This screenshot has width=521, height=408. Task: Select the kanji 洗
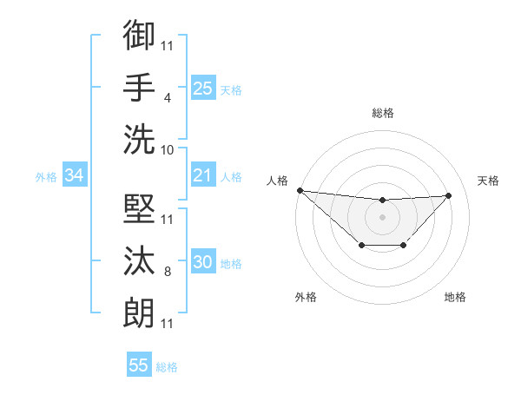139,139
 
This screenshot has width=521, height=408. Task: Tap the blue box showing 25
203,88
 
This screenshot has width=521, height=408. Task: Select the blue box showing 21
203,176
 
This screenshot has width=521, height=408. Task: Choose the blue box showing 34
74,176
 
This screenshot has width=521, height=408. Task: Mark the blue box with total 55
139,365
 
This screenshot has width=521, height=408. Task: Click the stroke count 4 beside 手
167,98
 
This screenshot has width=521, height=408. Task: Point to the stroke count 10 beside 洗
168,150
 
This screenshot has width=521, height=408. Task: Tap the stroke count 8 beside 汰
167,272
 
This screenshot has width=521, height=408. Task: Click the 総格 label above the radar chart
382,113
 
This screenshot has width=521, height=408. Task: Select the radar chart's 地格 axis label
455,297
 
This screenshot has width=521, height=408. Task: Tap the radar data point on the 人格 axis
300,190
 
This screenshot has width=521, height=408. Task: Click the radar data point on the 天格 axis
448,195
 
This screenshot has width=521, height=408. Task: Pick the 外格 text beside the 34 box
46,177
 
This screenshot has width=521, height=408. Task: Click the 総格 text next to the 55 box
167,366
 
